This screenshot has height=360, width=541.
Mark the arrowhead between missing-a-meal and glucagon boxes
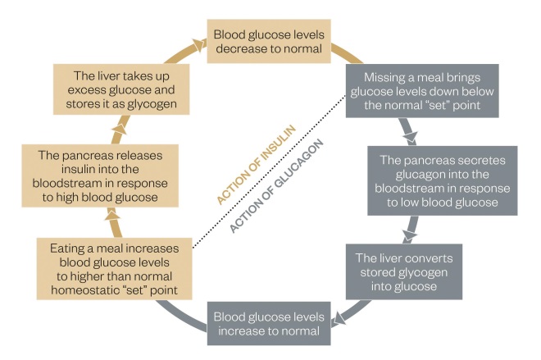407,134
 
